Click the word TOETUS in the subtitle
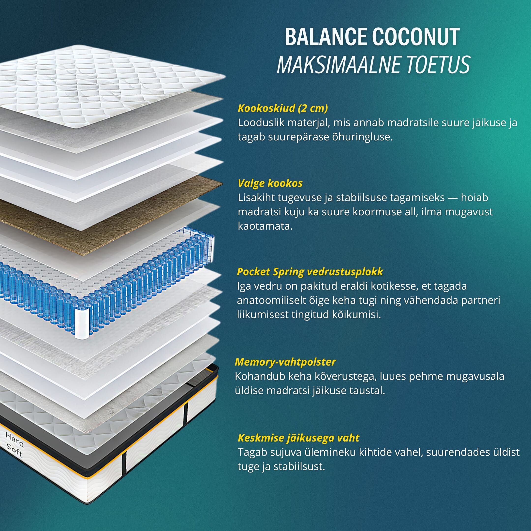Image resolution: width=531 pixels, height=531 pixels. (x=437, y=65)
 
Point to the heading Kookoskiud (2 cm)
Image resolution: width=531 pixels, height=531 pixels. (x=283, y=108)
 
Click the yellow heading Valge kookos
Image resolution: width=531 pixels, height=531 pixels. (x=270, y=183)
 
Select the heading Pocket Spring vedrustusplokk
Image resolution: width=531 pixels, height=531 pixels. (x=310, y=272)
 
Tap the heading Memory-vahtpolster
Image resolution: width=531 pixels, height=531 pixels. (x=285, y=362)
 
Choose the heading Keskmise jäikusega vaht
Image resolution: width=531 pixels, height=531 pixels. (x=298, y=438)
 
